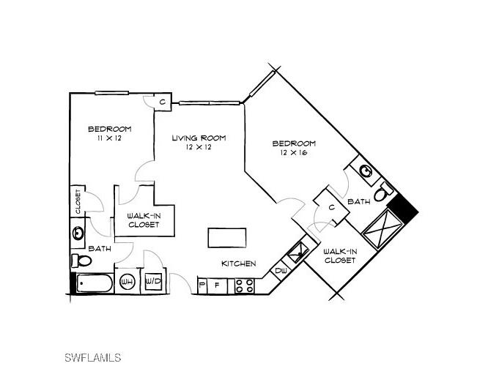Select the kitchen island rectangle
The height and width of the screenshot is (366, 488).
228,239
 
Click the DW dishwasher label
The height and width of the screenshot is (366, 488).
281,271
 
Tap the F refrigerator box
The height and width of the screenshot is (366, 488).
217,285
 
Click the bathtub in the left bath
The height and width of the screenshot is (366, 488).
92,283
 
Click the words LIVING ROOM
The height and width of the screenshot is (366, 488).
199,138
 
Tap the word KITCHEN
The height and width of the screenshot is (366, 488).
239,264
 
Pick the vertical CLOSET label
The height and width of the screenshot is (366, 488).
77,202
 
